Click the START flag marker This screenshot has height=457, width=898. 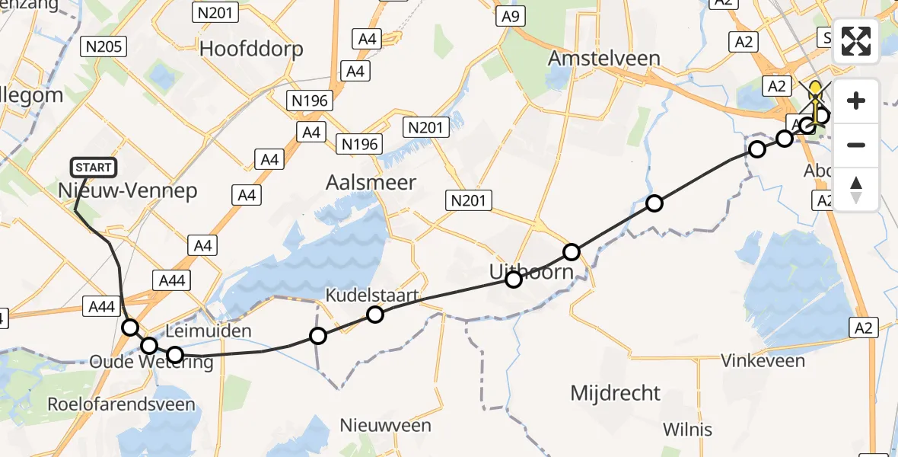(x=94, y=167)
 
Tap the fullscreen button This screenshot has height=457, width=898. (x=856, y=41)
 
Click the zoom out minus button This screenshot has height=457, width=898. (x=856, y=145)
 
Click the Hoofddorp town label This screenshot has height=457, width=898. (x=251, y=50)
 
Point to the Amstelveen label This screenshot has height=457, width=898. (x=605, y=59)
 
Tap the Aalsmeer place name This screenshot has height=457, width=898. (x=371, y=182)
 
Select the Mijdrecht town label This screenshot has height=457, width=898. (x=616, y=393)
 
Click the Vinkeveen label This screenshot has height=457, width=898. (x=763, y=360)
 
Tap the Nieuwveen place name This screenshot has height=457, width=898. (x=385, y=425)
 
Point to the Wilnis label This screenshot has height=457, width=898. (x=687, y=429)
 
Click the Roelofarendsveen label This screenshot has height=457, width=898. (x=121, y=404)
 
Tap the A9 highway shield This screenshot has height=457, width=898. (x=511, y=17)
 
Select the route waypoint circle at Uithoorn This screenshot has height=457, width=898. (x=514, y=280)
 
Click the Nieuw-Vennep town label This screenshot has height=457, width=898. (x=127, y=190)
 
